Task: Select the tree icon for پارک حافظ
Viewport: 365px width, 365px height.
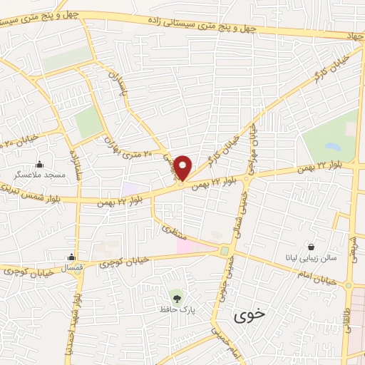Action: [x=175, y=294]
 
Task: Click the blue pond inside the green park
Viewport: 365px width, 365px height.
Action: [x=331, y=147]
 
